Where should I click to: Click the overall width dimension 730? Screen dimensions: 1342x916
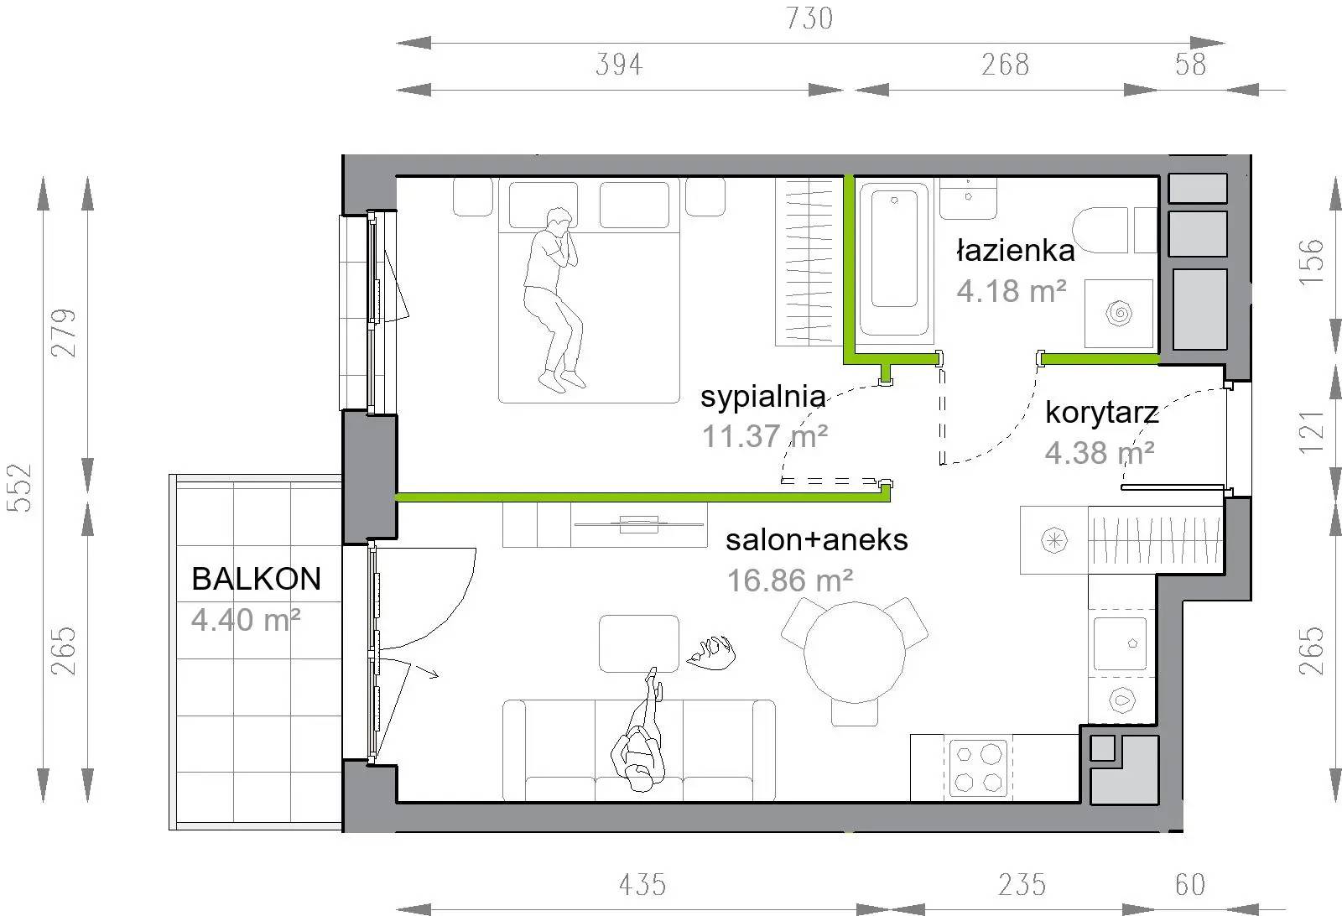pos(809,18)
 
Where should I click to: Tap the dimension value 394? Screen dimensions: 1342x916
pos(619,64)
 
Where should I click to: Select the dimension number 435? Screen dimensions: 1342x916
pos(642,885)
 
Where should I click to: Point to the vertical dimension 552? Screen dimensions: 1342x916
pos(19,487)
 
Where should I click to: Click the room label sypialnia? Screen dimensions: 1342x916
pos(762,397)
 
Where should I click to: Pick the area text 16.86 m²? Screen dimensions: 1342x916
pos(789,580)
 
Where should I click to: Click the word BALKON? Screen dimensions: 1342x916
pos(257,579)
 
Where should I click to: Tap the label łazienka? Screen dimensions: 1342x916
pos(1015,251)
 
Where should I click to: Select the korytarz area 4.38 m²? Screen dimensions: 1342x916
pos(1100,452)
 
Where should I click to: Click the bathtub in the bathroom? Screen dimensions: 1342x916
pos(894,259)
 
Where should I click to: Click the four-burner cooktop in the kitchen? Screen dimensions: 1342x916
pos(978,768)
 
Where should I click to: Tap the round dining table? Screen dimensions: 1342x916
pos(855,653)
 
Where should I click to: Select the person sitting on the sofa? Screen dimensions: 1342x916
pos(639,731)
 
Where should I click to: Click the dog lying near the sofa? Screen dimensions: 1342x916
pos(711,652)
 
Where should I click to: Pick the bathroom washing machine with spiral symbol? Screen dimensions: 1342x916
pos(1119,314)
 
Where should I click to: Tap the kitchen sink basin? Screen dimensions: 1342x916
pos(1120,643)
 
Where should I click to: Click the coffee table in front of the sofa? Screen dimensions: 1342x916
pos(638,643)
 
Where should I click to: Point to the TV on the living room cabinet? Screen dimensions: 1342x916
pos(638,524)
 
